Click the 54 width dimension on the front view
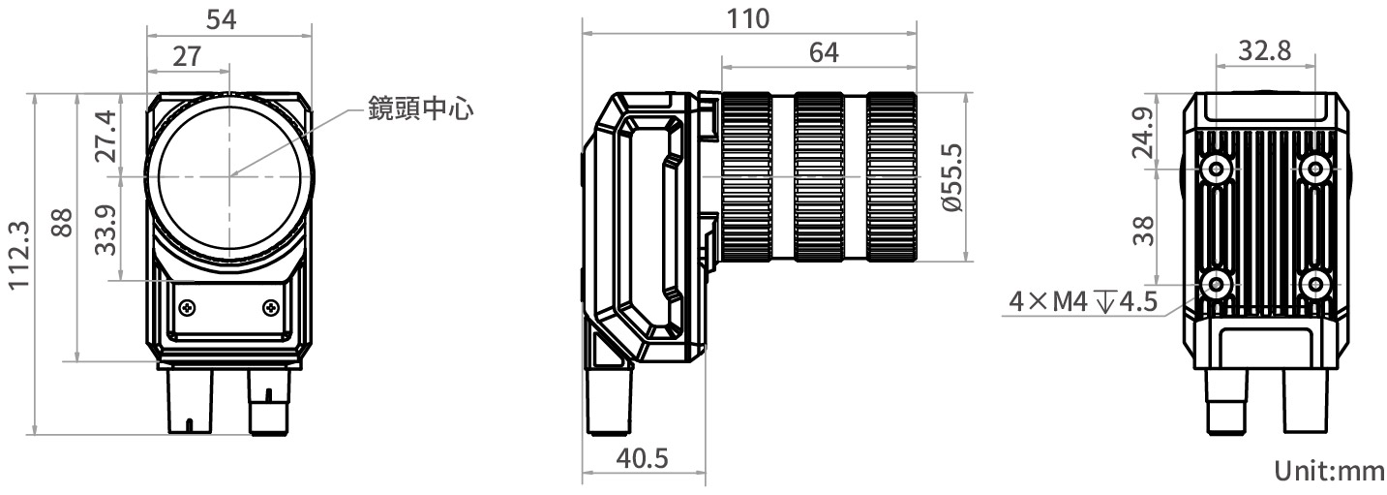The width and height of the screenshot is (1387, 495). (228, 18)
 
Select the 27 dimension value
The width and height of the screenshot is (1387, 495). (187, 56)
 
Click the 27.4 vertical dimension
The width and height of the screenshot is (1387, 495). (106, 136)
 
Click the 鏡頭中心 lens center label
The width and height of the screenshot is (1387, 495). (420, 108)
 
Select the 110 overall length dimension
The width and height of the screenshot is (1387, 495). (747, 18)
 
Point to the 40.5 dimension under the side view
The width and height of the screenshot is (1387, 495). (642, 458)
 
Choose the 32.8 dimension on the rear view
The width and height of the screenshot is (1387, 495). (1265, 52)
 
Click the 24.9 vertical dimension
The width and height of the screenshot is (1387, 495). (1144, 133)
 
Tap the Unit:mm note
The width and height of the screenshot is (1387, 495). (1329, 472)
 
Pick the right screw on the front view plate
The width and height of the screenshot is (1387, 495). (270, 307)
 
